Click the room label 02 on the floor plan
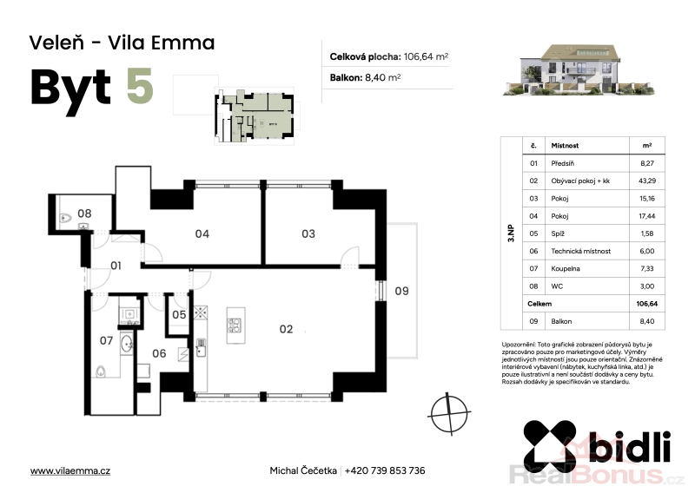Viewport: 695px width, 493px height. [286, 329]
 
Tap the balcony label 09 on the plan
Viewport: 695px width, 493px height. [401, 291]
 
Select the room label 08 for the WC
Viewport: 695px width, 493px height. [84, 214]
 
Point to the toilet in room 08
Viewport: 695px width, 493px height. [65, 218]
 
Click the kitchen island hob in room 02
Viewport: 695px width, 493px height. [235, 325]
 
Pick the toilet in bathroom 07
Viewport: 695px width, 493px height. [102, 371]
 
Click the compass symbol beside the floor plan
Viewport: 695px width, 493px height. [449, 413]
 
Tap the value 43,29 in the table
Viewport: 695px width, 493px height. [647, 181]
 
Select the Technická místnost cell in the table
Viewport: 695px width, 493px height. [580, 251]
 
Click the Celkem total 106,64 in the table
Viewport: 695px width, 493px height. [646, 304]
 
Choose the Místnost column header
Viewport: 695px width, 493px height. [565, 145]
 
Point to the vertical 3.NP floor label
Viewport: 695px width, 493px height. [511, 233]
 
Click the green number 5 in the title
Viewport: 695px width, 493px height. [140, 87]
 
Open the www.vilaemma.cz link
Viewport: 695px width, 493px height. [70, 470]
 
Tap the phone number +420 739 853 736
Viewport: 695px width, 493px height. [385, 470]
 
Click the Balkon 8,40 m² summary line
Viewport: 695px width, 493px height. [365, 77]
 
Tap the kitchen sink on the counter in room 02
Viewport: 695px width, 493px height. [201, 345]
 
